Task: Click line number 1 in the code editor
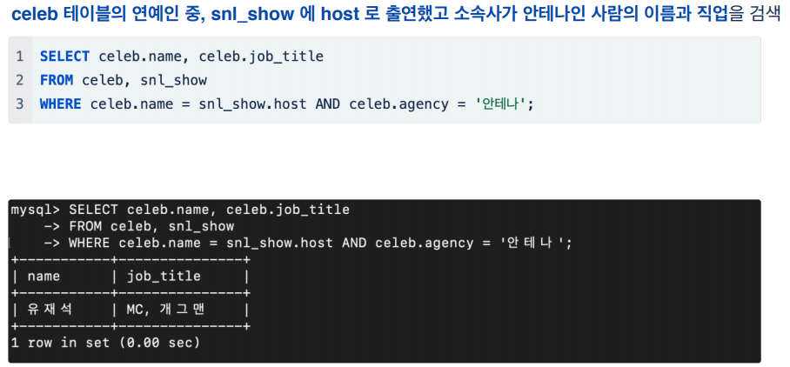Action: (x=19, y=57)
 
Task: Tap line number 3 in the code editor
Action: (x=19, y=103)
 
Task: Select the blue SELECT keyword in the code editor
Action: (x=64, y=57)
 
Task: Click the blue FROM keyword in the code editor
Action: (x=57, y=80)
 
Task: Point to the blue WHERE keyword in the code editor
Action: (x=60, y=103)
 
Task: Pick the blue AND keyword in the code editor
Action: (x=327, y=103)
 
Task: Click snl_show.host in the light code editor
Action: (x=254, y=103)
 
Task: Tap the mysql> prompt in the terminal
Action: (x=35, y=210)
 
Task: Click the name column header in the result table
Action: (x=44, y=277)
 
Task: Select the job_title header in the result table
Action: (x=164, y=277)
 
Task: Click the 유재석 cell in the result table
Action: (x=50, y=309)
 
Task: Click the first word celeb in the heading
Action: (x=33, y=16)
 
